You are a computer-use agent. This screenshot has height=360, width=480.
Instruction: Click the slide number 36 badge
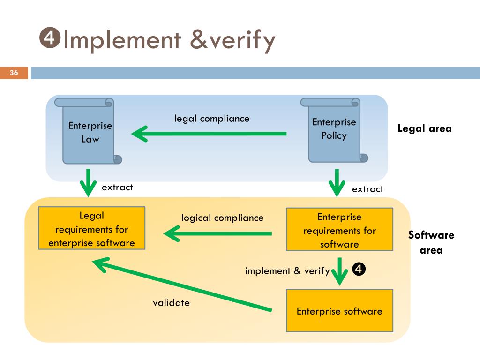14,73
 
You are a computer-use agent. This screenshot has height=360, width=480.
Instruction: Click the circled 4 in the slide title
50,39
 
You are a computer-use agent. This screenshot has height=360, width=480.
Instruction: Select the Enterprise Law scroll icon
88,131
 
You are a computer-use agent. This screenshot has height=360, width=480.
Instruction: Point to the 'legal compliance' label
212,119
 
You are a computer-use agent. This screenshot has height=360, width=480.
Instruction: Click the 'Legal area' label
424,128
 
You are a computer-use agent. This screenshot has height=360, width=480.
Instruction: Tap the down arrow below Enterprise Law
88,183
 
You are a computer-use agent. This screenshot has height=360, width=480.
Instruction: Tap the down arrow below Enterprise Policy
337,183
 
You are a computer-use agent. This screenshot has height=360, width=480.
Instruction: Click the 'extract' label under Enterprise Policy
367,189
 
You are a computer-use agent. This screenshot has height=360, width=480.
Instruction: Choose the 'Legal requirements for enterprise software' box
91,229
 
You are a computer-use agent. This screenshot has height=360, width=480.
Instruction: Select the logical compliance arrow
217,233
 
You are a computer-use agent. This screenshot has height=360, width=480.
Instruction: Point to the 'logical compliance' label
223,218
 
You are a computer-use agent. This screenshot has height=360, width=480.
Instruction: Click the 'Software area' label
431,242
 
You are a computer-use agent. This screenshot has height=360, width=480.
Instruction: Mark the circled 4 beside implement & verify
358,270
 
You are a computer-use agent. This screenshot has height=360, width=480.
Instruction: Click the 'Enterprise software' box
339,311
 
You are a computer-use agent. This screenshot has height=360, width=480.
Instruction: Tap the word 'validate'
171,303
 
